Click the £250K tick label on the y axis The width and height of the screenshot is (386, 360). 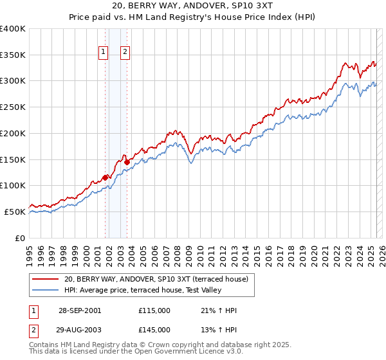click(12, 107)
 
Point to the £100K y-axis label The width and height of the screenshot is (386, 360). click(12, 186)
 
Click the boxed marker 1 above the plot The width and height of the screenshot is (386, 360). click(103, 53)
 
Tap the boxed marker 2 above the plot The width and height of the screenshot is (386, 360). click(125, 53)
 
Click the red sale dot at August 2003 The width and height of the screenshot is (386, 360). click(127, 162)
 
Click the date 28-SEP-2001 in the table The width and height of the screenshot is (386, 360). click(80, 310)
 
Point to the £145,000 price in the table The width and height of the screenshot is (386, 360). click(154, 330)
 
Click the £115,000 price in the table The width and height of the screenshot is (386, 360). click(154, 310)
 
